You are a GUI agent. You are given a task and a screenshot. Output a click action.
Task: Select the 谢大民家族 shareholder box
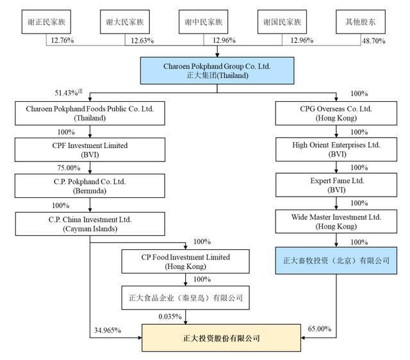pyautogui.click(x=125, y=22)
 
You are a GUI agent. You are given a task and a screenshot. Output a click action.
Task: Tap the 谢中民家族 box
pyautogui.click(x=204, y=22)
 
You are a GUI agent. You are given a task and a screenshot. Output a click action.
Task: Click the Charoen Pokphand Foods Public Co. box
pyautogui.click(x=90, y=114)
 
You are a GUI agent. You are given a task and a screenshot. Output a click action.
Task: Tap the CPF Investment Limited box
pyautogui.click(x=90, y=150)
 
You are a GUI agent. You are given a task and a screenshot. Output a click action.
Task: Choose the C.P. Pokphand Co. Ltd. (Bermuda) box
pyautogui.click(x=90, y=186)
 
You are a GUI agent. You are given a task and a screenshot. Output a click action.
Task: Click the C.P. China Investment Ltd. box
pyautogui.click(x=90, y=223)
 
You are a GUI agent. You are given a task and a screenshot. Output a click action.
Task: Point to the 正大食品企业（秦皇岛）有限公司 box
pyautogui.click(x=186, y=297)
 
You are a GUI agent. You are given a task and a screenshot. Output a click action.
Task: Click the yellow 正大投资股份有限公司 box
pyautogui.click(x=220, y=337)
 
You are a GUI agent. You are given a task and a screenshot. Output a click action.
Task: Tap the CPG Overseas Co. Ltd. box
pyautogui.click(x=337, y=114)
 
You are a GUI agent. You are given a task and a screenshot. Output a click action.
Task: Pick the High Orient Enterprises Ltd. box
pyautogui.click(x=337, y=150)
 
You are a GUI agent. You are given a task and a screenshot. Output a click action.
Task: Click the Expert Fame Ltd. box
pyautogui.click(x=337, y=186)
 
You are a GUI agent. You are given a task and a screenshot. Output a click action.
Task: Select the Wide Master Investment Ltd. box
pyautogui.click(x=337, y=223)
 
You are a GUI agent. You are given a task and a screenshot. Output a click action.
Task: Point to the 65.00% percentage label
pyautogui.click(x=320, y=329)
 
